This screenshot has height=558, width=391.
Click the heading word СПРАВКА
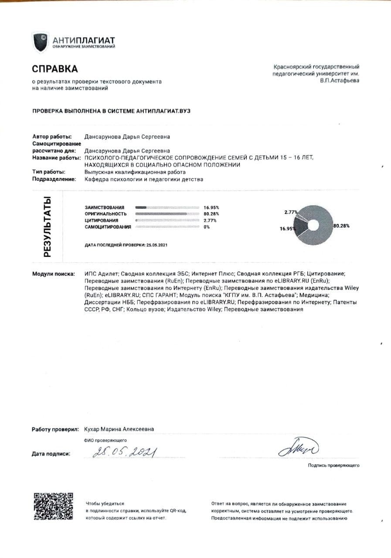(55, 69)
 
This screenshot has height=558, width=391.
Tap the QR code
(53, 506)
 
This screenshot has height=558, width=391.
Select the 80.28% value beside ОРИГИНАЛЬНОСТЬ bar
(211, 214)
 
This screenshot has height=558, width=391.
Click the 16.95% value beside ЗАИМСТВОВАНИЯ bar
(211, 208)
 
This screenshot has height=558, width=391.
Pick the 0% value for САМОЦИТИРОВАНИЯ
(207, 227)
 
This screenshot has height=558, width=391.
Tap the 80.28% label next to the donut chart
(341, 226)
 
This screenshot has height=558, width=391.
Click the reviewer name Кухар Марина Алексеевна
(119, 429)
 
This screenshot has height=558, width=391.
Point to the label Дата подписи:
(51, 454)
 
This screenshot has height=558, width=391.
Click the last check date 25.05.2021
(156, 245)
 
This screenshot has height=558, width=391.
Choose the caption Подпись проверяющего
(333, 466)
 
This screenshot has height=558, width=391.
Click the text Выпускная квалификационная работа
(126, 172)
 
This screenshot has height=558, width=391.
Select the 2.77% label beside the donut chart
(290, 212)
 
